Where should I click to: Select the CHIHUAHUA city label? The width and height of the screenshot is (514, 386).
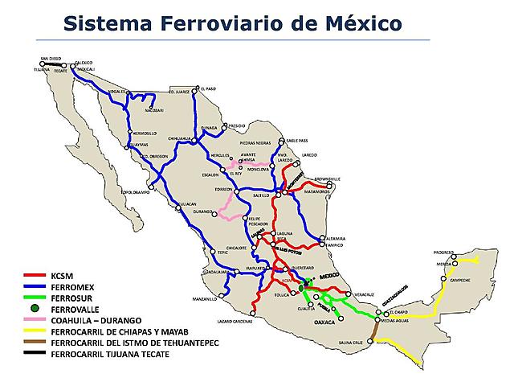click(181, 138)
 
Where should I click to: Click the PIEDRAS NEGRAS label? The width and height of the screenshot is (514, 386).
click(256, 145)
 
